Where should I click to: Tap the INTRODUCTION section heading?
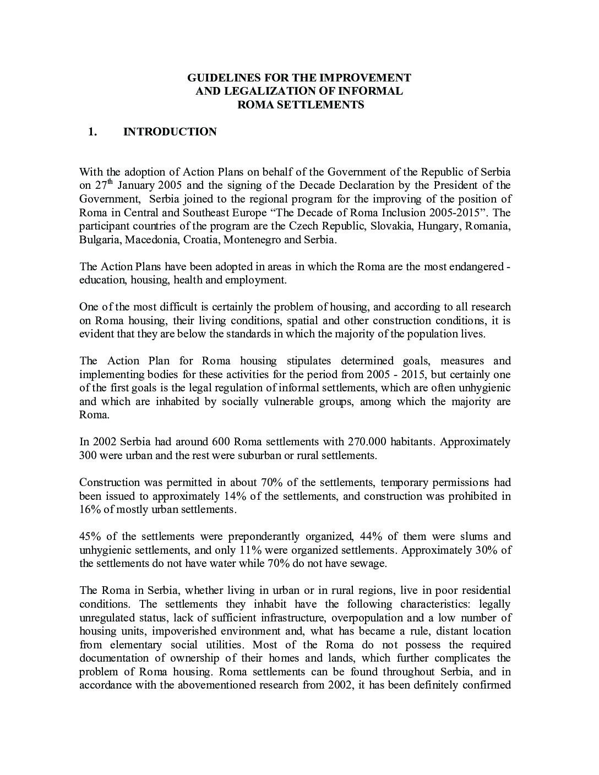(170, 132)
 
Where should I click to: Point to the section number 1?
(92, 132)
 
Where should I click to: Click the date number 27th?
(103, 185)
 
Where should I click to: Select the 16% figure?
(89, 509)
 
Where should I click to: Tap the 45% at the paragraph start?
(90, 536)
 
